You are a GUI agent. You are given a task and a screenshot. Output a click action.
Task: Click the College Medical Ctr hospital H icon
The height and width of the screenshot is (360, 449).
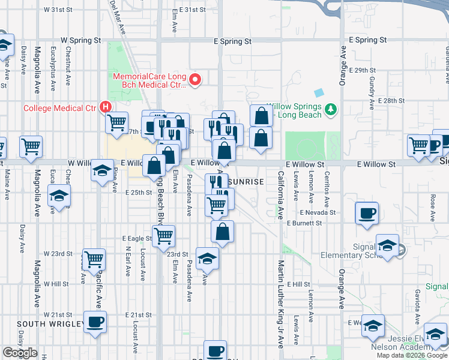(106, 107)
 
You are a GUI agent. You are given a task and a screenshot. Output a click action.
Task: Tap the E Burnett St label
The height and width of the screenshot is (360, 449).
(305, 223)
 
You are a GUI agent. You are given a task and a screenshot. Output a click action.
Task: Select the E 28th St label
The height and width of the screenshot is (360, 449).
(387, 101)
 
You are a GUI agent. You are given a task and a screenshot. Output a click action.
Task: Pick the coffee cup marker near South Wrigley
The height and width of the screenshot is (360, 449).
(95, 322)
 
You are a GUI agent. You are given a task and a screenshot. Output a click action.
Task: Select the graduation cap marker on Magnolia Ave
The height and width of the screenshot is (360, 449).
(59, 195)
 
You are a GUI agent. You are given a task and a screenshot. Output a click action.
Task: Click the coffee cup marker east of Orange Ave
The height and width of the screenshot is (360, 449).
(366, 212)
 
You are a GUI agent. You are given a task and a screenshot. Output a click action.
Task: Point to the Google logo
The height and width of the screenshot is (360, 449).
(20, 353)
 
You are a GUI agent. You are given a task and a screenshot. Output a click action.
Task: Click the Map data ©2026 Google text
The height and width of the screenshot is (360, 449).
(412, 355)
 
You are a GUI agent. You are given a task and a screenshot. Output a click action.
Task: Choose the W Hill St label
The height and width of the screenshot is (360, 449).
(59, 284)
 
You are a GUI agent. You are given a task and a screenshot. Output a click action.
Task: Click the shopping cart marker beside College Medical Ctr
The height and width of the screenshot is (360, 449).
(116, 122)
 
